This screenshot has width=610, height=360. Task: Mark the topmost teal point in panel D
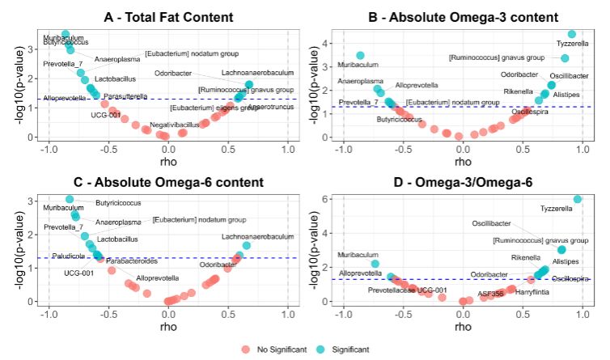[x=578, y=199]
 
